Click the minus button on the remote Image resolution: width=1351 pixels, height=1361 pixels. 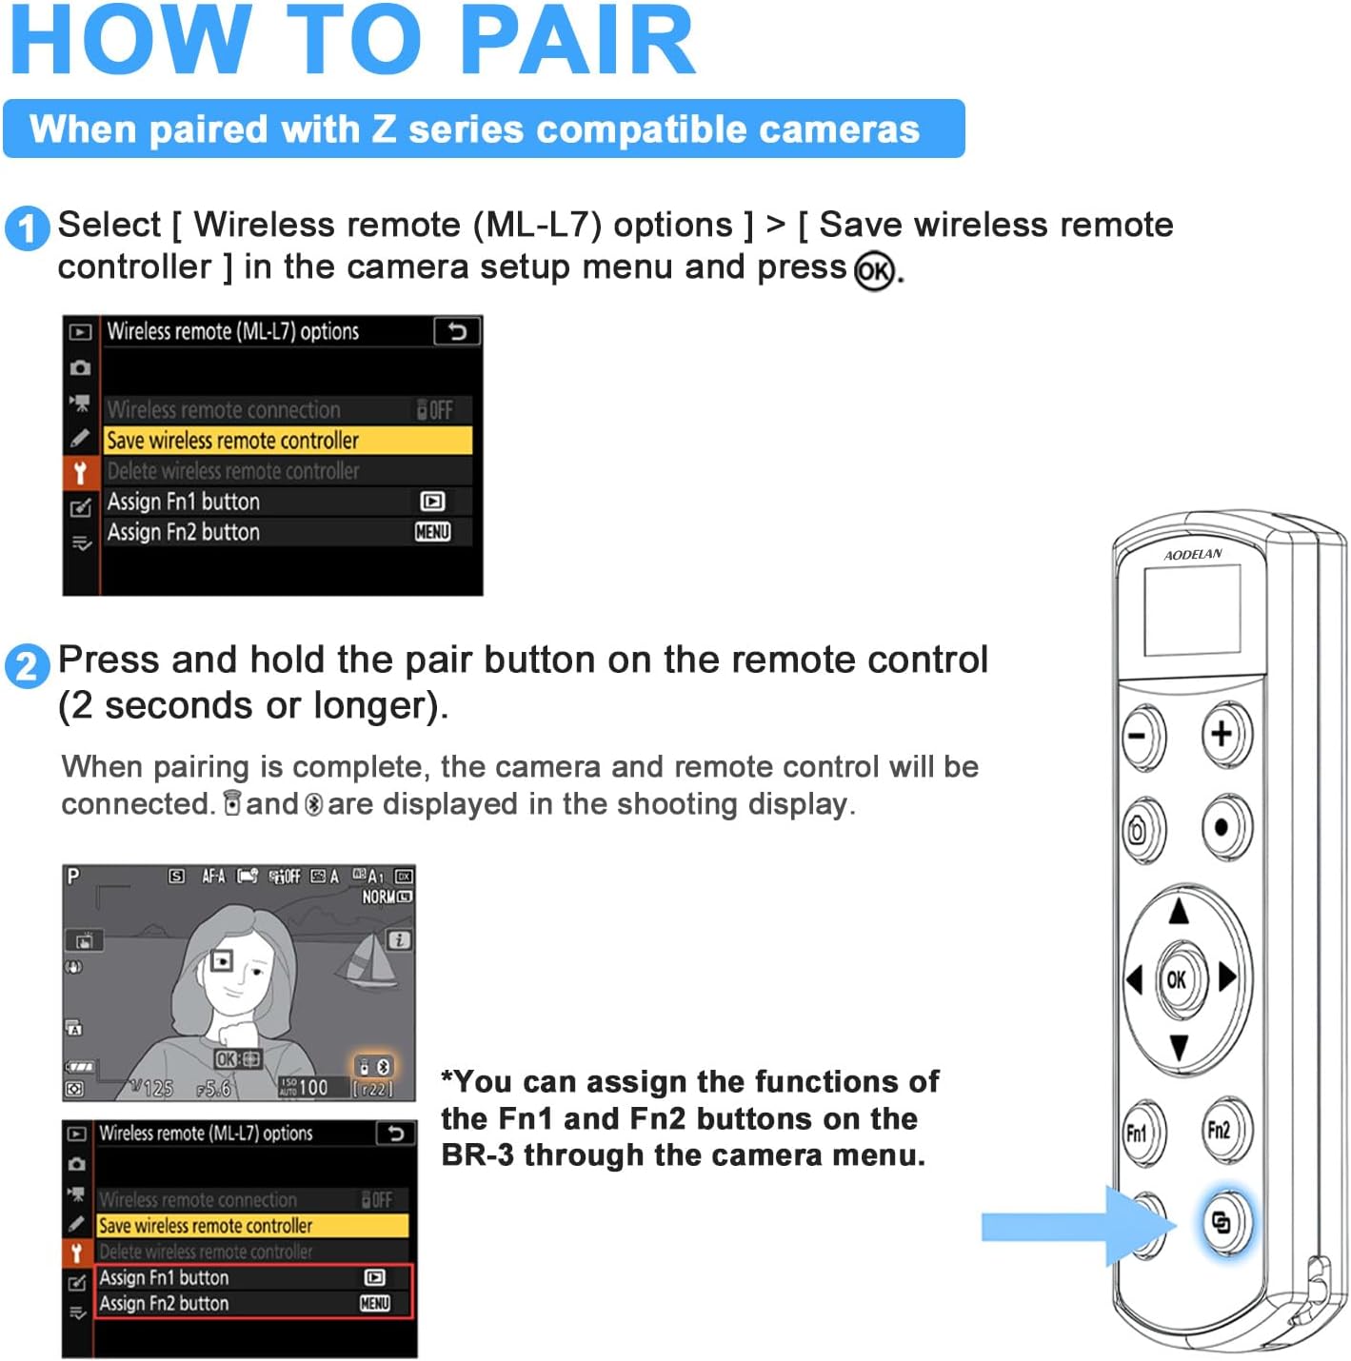coord(1141,736)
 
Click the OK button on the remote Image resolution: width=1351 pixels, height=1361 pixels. coord(1178,978)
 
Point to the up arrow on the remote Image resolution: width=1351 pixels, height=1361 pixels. coord(1179,911)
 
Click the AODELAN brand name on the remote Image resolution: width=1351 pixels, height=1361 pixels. coord(1192,554)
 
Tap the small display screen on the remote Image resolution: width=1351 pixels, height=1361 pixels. coord(1192,609)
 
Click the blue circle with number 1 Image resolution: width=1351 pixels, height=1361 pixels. coord(26,229)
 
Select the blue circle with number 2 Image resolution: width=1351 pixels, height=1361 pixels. coord(26,665)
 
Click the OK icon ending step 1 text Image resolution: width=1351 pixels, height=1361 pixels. coord(874,271)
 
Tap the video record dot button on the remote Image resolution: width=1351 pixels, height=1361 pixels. coord(1222,826)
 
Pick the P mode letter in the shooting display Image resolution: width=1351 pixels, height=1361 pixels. coord(73,876)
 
